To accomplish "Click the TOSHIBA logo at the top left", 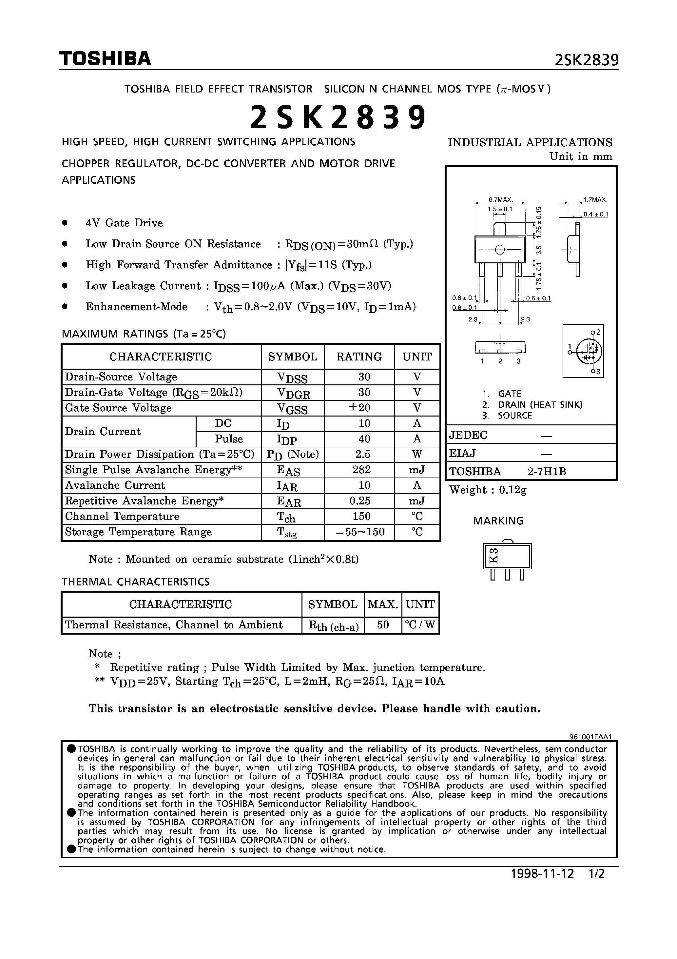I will tap(105, 59).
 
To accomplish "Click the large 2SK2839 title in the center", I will tap(338, 117).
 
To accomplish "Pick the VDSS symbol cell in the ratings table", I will tap(292, 377).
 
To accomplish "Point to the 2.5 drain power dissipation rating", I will tap(361, 454).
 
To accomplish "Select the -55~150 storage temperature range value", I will tap(360, 532).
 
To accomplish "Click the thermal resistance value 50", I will tap(383, 625).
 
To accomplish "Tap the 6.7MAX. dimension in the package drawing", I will tap(500, 200).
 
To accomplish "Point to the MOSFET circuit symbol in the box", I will tap(588, 350).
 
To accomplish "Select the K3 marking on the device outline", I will tap(494, 556).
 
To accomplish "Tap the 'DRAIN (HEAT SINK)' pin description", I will tap(540, 405).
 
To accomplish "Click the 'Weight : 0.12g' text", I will tap(488, 490).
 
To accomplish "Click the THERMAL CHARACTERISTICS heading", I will tap(136, 582).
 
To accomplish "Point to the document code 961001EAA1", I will tap(590, 737).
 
